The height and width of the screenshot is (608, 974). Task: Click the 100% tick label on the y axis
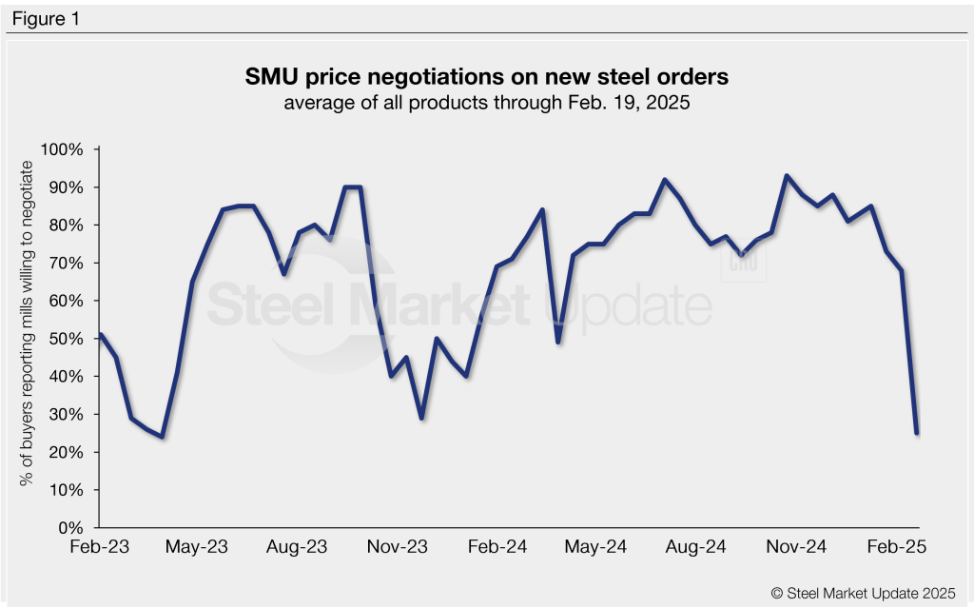pyautogui.click(x=64, y=149)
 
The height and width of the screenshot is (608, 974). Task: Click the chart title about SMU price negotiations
pyautogui.click(x=486, y=76)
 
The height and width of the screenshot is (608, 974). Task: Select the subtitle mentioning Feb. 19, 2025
pyautogui.click(x=486, y=102)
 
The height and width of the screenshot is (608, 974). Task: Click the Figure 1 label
pyautogui.click(x=46, y=18)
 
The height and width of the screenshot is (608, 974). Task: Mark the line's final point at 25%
pyautogui.click(x=917, y=433)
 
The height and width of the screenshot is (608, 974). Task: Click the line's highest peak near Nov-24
pyautogui.click(x=787, y=176)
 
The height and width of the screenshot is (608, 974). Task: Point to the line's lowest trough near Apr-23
pyautogui.click(x=163, y=437)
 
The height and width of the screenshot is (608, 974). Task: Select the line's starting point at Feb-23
pyautogui.click(x=101, y=334)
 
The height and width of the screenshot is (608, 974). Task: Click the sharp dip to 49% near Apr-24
pyautogui.click(x=558, y=343)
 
